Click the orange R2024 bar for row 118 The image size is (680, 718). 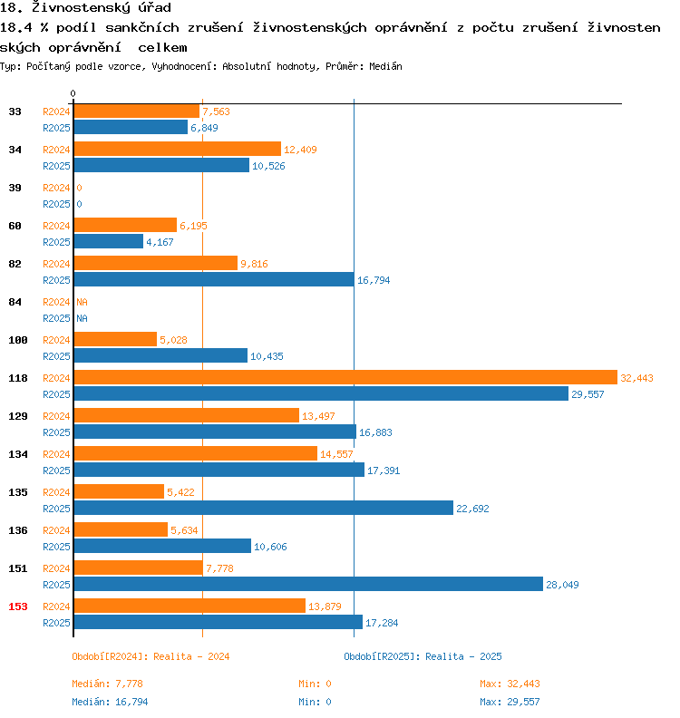(x=345, y=377)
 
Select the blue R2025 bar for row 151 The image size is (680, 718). (x=308, y=584)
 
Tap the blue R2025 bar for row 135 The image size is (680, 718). (x=263, y=508)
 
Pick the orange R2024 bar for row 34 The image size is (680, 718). (x=177, y=149)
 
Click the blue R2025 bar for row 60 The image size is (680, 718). (x=108, y=241)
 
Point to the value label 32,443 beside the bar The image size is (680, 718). (x=637, y=378)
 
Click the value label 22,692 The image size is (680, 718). (x=472, y=509)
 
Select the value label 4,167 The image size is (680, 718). (x=160, y=242)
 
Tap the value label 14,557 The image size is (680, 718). (x=336, y=454)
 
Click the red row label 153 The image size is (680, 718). (x=17, y=606)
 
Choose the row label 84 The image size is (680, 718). (x=15, y=302)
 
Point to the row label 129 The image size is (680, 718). (x=17, y=416)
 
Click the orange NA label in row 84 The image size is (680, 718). (x=82, y=302)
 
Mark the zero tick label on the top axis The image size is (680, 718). (x=73, y=93)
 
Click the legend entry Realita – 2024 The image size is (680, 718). (x=151, y=656)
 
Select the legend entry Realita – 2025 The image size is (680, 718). (x=423, y=656)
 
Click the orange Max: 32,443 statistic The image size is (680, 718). (x=510, y=684)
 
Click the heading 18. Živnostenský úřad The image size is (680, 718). (x=86, y=8)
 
